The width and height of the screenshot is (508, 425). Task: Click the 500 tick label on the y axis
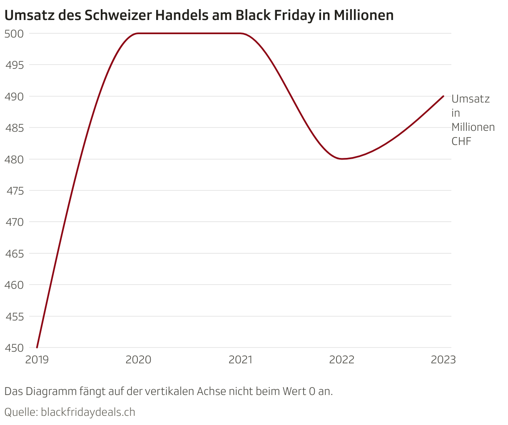click(x=13, y=34)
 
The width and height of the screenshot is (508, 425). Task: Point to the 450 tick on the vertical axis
click(x=13, y=348)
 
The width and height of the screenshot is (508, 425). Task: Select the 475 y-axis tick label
click(x=13, y=191)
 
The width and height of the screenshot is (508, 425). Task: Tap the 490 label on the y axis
click(x=13, y=97)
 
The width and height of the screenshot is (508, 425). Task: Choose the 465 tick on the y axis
click(x=13, y=254)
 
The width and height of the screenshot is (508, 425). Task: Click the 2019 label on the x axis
click(x=37, y=360)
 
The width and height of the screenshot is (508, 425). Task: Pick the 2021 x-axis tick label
click(x=240, y=360)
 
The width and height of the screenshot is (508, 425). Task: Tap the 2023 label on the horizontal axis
click(x=443, y=360)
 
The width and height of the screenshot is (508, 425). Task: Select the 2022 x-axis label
click(x=342, y=360)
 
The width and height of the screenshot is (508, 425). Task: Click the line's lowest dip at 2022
click(x=342, y=159)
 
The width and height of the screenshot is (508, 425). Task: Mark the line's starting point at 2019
click(x=37, y=347)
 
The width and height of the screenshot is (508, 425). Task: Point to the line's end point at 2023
click(x=443, y=96)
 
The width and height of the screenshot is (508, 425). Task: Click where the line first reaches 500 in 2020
click(x=139, y=33)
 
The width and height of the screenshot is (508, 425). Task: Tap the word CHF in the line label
click(x=461, y=141)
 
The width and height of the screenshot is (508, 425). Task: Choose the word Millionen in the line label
click(x=473, y=127)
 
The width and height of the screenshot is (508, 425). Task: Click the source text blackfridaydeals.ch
click(x=88, y=412)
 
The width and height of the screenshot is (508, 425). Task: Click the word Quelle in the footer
click(x=20, y=412)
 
